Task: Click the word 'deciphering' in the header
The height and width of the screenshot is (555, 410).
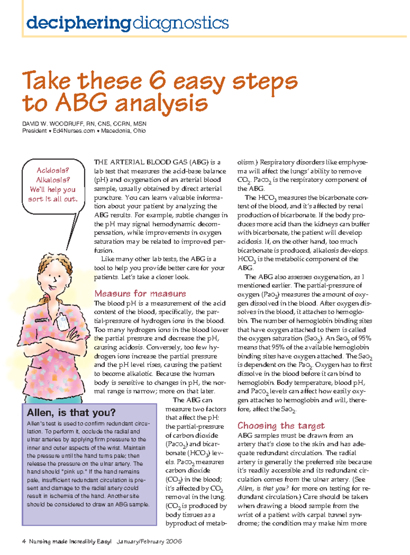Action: coord(79,23)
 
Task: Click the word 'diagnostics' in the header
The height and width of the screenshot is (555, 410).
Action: coord(180,23)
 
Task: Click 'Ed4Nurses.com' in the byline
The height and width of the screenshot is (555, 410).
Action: coord(74,131)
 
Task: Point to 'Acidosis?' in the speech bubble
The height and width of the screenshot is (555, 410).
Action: coord(53,170)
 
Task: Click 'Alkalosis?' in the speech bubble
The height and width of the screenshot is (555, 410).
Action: coord(53,180)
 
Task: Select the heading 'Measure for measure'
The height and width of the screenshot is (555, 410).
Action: coord(140,294)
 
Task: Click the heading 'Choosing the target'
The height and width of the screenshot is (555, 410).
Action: coord(281,426)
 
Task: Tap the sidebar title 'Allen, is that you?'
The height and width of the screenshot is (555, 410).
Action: coord(71,412)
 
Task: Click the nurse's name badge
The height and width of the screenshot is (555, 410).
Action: coord(63,322)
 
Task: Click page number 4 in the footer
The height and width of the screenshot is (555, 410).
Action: coord(24,541)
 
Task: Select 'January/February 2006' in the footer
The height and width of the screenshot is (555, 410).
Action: coord(149,541)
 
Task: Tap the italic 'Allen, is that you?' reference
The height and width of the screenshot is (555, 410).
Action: coord(263,488)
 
